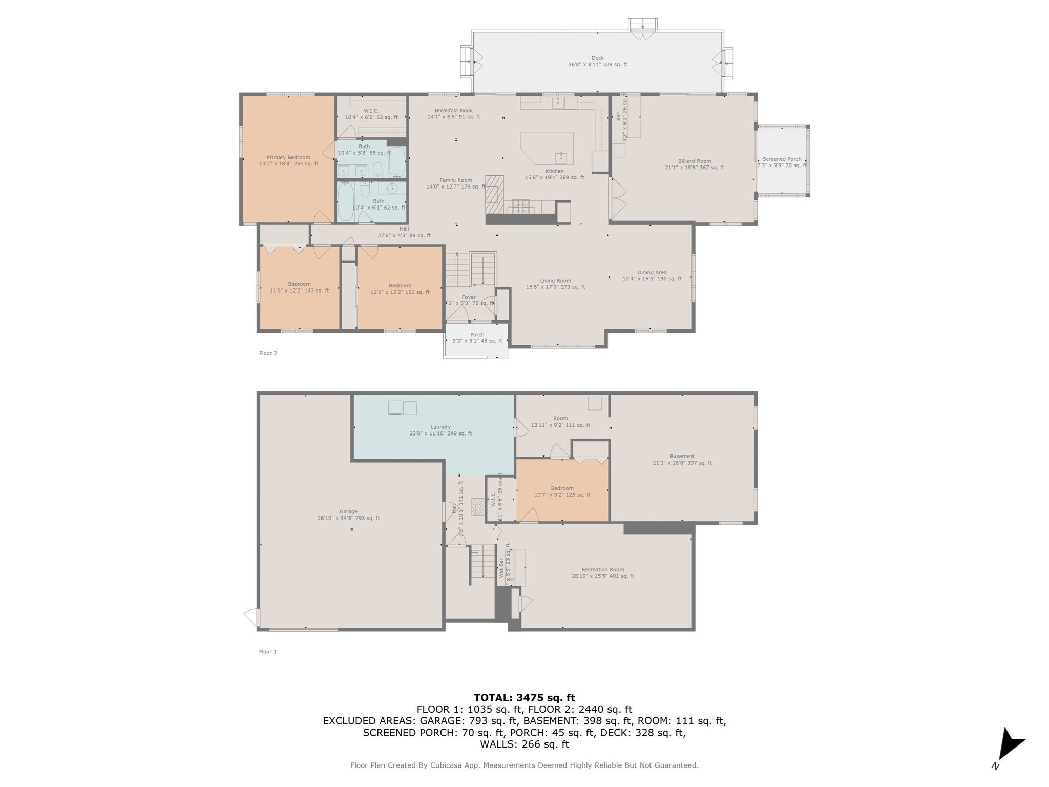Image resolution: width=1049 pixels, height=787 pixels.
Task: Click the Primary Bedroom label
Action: coord(288,158)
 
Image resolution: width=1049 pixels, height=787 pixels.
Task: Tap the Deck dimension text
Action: coord(597,65)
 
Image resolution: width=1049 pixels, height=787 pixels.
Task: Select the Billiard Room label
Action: coord(695,161)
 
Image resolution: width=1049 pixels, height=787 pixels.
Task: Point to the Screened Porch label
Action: coord(782,159)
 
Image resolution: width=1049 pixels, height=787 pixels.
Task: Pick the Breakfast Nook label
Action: coord(453,111)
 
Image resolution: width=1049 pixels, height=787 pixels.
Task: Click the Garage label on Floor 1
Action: coord(348,511)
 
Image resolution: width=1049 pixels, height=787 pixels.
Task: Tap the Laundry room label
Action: coord(440,427)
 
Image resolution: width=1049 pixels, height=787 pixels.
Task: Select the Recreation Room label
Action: coord(602,569)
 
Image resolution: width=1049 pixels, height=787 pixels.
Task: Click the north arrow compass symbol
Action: coord(1008,746)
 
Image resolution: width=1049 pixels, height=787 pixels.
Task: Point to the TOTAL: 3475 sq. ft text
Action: coord(524,697)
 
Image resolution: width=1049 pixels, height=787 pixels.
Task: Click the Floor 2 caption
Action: coord(268,353)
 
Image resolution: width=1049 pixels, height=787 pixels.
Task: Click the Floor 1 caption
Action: coord(268,652)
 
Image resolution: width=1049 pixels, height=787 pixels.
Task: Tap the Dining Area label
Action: coord(652,273)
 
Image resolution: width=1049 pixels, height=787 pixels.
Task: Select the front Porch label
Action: coord(477,335)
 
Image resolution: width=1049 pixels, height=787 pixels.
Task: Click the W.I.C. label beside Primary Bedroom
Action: coord(371,111)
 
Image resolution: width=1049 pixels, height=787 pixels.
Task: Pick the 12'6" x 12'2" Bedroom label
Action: coord(400,286)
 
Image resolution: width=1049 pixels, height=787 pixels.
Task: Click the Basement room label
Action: coord(682,456)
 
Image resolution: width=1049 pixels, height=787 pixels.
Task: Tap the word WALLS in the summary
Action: coord(499,744)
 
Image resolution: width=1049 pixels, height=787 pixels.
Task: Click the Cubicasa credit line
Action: coord(524,765)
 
